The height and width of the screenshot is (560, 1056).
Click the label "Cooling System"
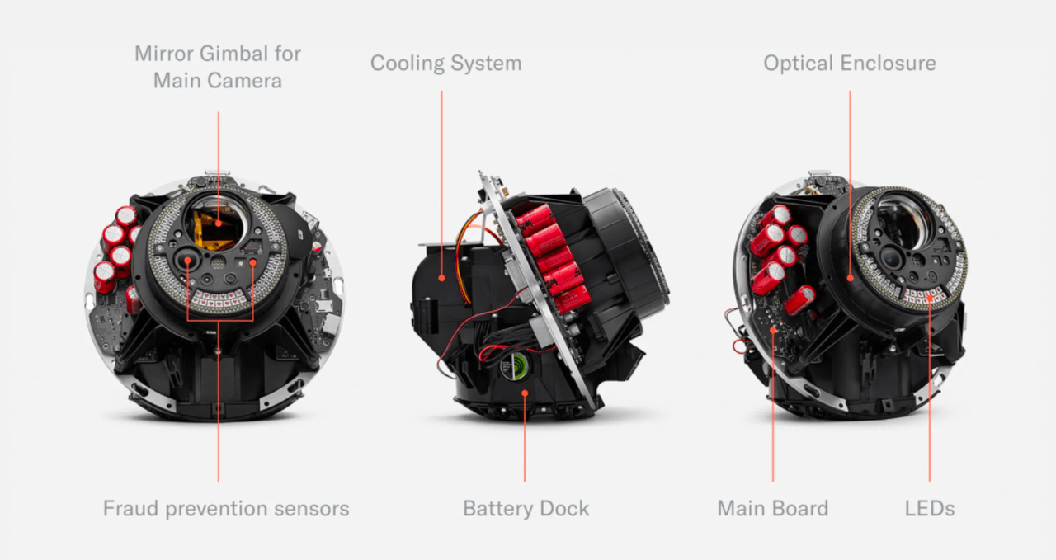coord(445,64)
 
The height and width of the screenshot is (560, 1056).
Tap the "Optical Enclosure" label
coord(850,64)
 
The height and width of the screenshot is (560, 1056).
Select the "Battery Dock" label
coord(526,509)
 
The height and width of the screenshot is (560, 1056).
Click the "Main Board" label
coord(773,509)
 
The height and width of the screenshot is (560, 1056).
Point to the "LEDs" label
coord(930,509)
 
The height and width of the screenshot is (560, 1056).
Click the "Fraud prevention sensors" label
coord(226,509)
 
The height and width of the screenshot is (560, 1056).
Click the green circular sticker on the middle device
coord(514,365)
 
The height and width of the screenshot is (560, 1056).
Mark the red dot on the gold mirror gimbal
coord(219,224)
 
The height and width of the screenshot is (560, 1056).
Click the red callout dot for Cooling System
coord(441,278)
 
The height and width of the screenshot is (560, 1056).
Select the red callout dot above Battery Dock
coord(525,393)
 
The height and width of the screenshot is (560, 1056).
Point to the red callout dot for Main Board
coord(773,330)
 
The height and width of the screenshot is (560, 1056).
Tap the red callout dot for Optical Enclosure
coord(850,278)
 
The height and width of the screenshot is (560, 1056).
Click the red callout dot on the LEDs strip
coord(930,298)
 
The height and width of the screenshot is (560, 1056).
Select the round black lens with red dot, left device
coord(187,260)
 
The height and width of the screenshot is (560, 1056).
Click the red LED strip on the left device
coord(219,298)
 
